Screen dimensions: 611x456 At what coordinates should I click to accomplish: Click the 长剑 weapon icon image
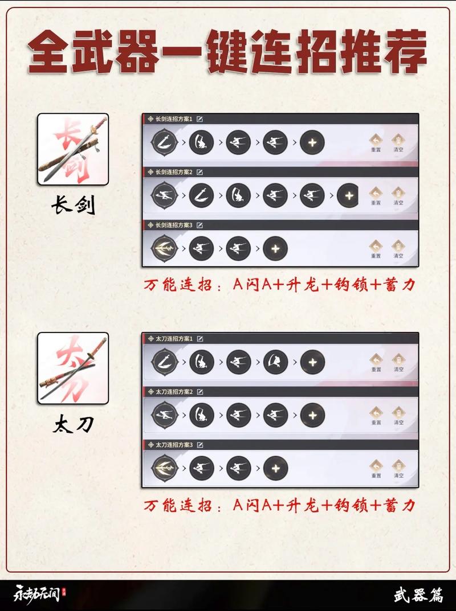click(73, 149)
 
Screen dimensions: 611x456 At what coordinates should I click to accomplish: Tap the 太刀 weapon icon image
click(73, 368)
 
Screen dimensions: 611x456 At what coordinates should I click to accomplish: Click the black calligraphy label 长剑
click(73, 206)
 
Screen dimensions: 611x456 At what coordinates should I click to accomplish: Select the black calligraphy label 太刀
click(73, 424)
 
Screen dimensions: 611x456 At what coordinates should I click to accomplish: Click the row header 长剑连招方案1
click(174, 119)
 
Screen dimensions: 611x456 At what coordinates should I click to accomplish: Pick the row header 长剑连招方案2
click(174, 172)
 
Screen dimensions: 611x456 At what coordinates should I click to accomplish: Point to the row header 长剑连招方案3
click(174, 225)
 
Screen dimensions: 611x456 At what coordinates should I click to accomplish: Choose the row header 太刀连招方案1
click(174, 338)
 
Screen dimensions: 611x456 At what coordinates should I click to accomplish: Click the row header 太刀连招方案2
click(174, 392)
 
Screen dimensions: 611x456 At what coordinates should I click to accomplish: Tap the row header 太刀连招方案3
click(174, 444)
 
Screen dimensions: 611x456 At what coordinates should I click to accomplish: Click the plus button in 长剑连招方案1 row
click(312, 142)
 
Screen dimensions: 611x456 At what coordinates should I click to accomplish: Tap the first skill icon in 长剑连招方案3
click(162, 248)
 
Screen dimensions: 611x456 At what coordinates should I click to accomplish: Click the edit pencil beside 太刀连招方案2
click(200, 392)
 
